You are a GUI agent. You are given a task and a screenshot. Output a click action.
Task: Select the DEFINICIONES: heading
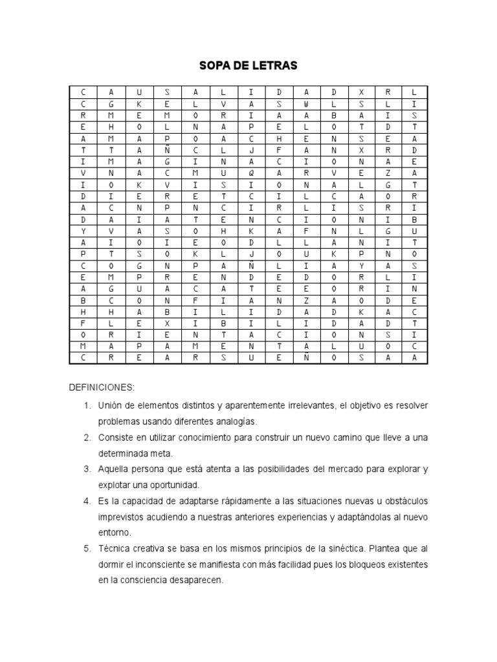click(102, 387)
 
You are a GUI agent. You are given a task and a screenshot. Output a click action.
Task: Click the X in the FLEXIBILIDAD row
click(168, 323)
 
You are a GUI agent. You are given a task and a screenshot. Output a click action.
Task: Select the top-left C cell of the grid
click(83, 92)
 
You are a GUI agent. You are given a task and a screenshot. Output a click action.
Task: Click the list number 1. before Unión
click(87, 405)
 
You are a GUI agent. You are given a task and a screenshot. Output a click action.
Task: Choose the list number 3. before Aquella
click(87, 468)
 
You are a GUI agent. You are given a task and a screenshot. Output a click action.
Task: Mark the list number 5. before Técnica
click(87, 548)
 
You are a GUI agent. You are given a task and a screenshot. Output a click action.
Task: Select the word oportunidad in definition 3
click(184, 484)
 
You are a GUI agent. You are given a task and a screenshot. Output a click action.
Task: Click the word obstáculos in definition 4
click(404, 501)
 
